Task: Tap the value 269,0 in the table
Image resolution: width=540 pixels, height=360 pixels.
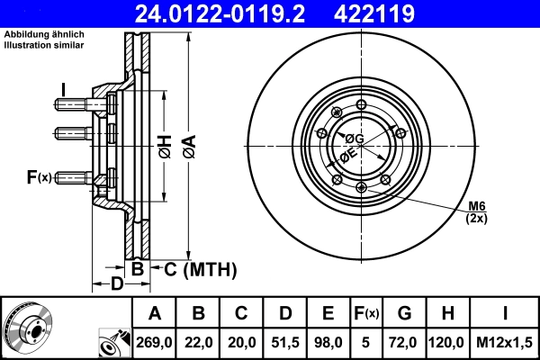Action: pos(155,342)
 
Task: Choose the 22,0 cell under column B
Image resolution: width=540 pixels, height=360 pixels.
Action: pos(198,342)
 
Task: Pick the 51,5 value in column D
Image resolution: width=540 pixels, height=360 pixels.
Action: pos(285,342)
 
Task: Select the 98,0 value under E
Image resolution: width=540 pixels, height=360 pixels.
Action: pos(328,342)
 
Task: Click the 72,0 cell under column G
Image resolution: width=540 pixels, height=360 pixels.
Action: pos(405,342)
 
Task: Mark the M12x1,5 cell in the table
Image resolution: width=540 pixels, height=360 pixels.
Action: pos(503,342)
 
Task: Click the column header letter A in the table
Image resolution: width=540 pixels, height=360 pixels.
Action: pos(155,314)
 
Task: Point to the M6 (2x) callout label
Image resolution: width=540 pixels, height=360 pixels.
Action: pos(476,212)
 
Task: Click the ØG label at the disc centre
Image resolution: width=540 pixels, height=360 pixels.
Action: pos(355,139)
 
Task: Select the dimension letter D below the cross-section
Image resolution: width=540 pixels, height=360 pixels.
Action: pos(116,285)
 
